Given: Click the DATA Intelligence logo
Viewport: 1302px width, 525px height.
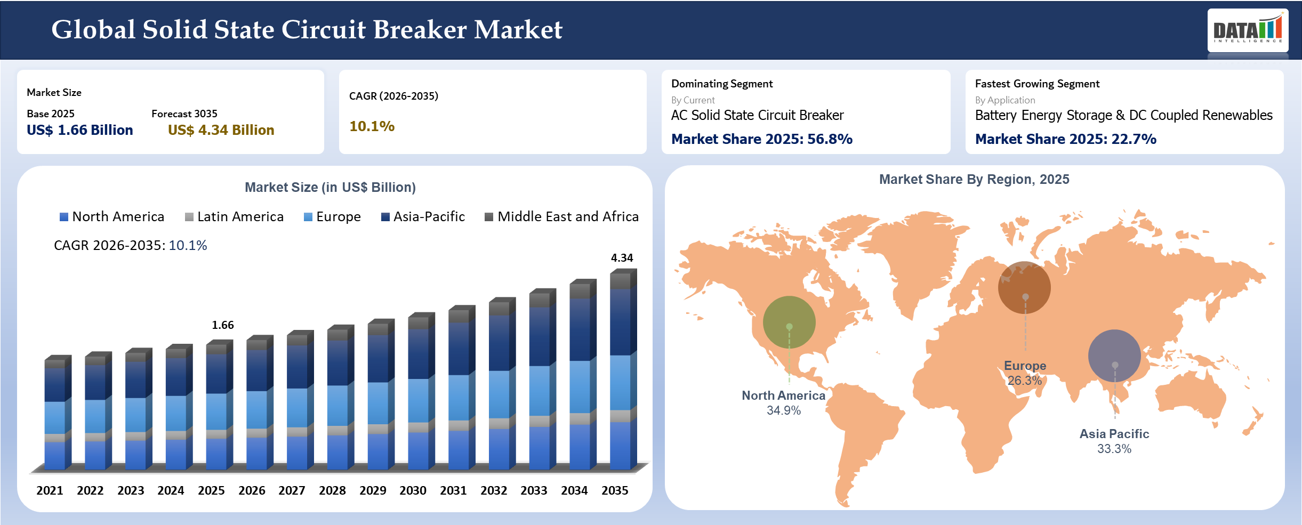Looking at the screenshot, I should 1248,30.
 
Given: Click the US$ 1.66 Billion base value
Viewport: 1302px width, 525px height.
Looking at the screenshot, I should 79,130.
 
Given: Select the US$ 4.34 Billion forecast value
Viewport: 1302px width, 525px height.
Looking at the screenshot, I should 221,130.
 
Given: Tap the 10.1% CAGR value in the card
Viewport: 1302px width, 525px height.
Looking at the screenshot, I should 372,126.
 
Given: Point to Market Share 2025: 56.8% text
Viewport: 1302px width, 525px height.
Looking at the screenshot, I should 761,139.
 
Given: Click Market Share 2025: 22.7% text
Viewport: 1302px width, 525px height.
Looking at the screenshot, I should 1065,139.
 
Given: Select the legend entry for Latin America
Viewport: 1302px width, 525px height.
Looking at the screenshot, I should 235,216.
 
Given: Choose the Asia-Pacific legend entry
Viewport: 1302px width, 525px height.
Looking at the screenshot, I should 423,216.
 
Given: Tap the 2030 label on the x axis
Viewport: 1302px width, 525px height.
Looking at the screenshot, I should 413,490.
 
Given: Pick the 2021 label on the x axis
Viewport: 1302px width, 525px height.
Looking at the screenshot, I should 50,490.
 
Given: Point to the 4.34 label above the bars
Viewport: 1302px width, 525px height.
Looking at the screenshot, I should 622,258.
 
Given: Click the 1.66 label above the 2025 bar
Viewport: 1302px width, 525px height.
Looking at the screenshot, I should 222,325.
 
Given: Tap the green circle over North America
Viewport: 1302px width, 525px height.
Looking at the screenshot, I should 789,322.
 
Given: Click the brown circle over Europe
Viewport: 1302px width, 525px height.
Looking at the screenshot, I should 1024,287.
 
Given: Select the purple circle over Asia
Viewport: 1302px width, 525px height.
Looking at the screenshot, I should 1114,356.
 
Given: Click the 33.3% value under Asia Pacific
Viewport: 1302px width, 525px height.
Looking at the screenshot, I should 1114,449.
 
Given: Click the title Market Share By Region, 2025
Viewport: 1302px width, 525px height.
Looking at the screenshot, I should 974,179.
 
